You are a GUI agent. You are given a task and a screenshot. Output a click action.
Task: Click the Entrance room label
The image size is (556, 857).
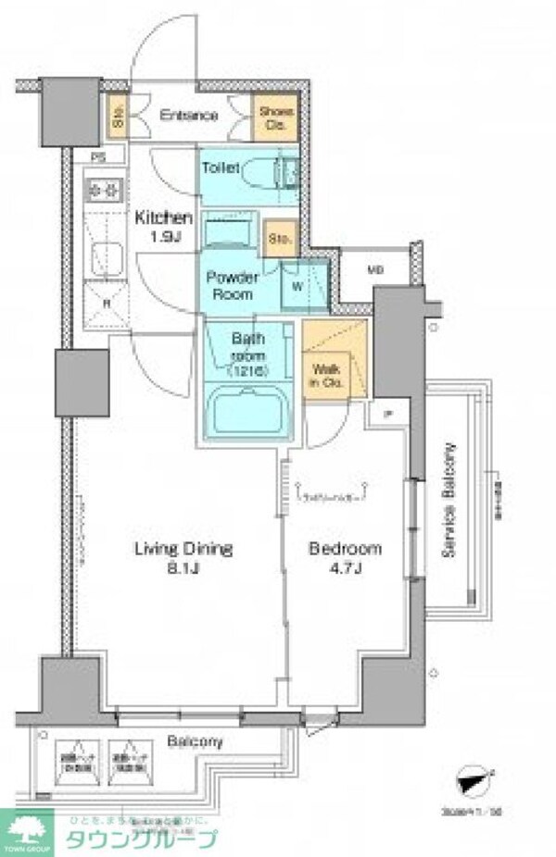tap(188, 116)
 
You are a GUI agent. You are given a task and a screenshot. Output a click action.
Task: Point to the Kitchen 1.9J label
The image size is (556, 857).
tap(164, 227)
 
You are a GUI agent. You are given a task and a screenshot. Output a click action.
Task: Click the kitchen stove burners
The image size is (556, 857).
tap(105, 190)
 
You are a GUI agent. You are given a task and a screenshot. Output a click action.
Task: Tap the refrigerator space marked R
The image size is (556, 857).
tap(107, 301)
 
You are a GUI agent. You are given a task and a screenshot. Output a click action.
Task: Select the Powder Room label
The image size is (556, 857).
tap(229, 285)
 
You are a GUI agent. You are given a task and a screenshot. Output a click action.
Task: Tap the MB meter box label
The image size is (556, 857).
tap(375, 270)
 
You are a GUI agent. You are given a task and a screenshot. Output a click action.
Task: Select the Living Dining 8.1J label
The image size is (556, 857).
tap(183, 557)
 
